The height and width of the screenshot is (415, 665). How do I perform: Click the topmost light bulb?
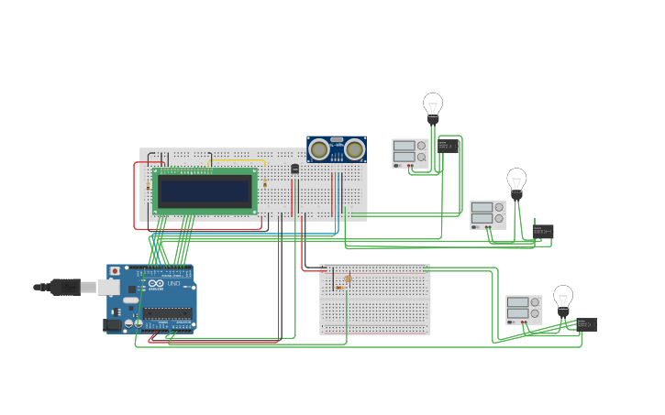(433, 104)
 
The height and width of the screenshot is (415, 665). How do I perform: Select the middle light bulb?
(516, 180)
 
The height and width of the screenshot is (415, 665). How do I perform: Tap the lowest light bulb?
(563, 298)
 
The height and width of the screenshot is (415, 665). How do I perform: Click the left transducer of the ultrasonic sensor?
(319, 149)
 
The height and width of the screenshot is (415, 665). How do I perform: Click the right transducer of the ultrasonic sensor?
(354, 149)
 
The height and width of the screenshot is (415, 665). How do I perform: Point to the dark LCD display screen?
(205, 191)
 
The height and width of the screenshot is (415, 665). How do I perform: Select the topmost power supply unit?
(410, 153)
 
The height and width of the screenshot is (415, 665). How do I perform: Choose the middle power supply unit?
(488, 214)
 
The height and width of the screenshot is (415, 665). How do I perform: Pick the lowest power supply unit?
(524, 310)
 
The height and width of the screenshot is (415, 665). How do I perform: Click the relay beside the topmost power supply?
(449, 146)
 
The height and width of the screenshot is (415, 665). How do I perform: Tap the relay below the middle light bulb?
(543, 232)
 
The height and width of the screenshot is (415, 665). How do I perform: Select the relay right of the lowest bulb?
(586, 324)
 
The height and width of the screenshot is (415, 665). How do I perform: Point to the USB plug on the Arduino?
(69, 287)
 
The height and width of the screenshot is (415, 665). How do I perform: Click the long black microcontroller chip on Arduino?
(167, 313)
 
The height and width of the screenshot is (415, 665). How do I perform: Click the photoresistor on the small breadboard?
(348, 278)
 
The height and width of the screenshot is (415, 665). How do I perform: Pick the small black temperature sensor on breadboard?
(294, 169)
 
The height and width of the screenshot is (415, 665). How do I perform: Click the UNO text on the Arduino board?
(173, 283)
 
